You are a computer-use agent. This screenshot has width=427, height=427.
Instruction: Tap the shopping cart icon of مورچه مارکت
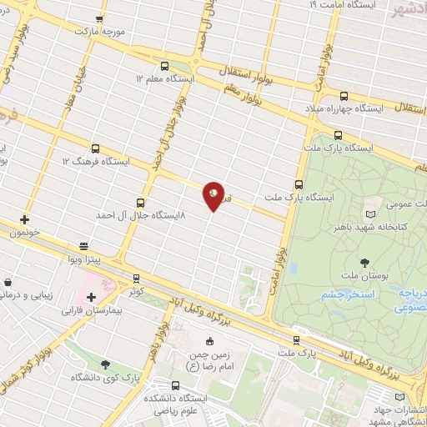click(100, 18)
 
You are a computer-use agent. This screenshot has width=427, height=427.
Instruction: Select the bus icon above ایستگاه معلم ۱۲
click(163, 65)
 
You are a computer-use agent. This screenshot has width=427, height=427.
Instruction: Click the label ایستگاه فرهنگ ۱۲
click(94, 160)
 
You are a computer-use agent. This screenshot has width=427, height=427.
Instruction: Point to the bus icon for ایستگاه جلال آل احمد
click(139, 202)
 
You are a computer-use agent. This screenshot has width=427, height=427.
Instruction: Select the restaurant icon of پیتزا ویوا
click(83, 246)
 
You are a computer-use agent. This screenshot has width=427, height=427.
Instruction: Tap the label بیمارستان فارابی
click(92, 310)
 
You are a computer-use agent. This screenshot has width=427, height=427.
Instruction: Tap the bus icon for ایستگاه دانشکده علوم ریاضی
click(175, 385)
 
